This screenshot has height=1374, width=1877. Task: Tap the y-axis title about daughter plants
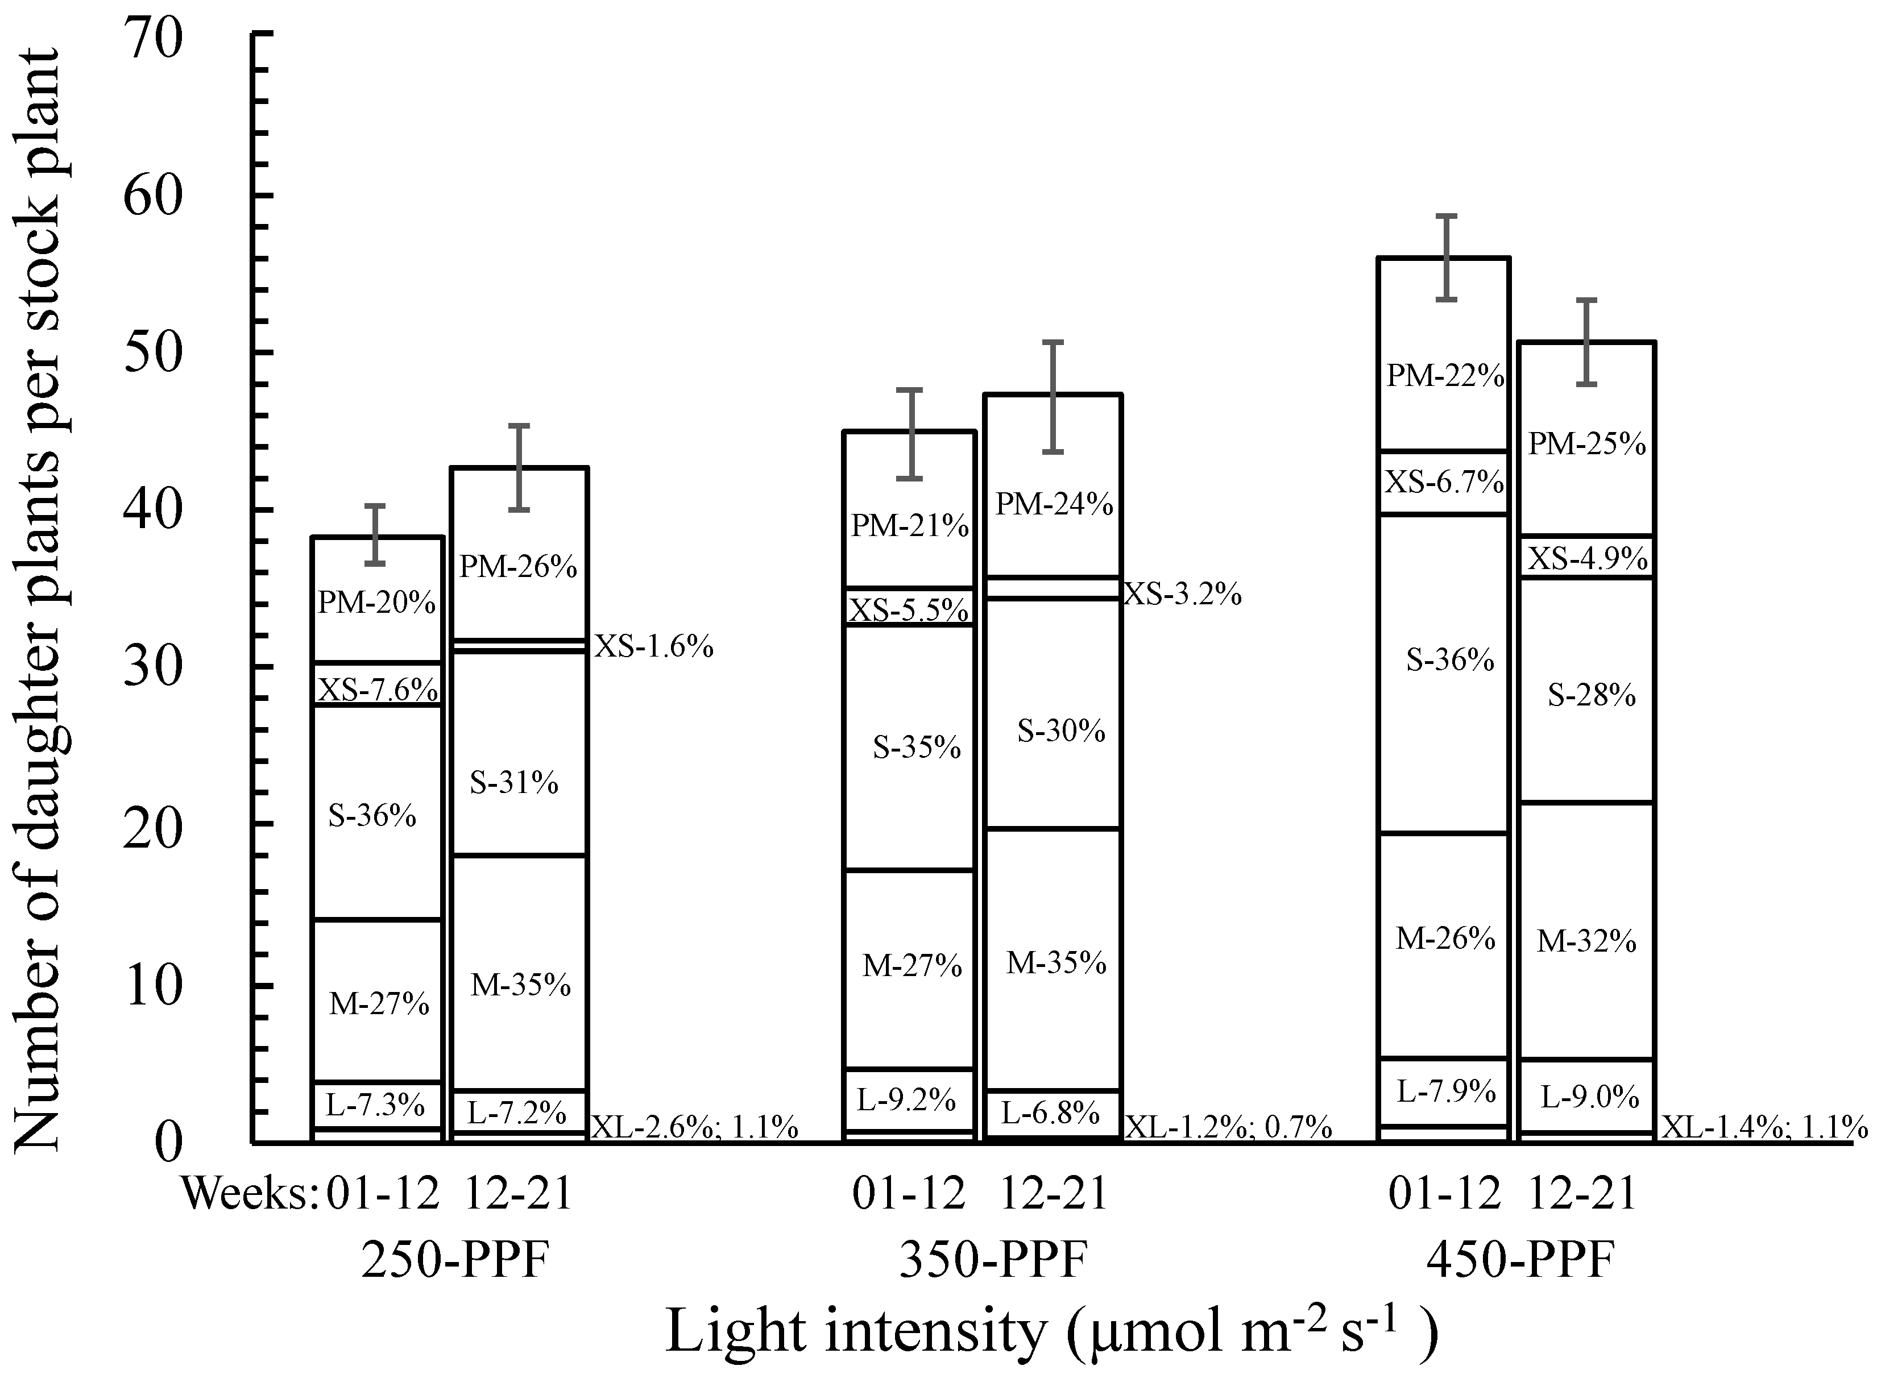38,599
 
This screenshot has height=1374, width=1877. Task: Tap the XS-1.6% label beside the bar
654,646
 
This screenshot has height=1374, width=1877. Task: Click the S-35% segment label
916,748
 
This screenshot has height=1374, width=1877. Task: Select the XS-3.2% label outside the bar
1182,594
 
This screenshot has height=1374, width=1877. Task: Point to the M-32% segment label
1586,941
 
